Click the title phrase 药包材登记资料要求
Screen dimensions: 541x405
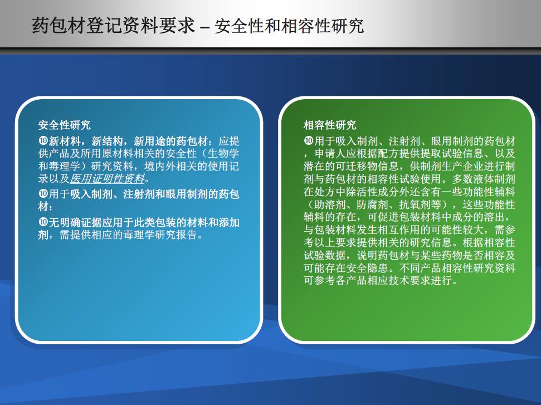[114, 26]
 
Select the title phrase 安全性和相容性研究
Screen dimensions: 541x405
[289, 26]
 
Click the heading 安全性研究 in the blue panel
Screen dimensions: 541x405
[65, 125]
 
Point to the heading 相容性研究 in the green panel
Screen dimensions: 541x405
[330, 125]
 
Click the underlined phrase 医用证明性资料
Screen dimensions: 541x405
[108, 179]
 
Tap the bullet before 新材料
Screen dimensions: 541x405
[43, 141]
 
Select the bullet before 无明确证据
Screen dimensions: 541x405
[43, 222]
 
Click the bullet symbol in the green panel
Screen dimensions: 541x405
[309, 141]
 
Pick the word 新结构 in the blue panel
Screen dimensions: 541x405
[107, 141]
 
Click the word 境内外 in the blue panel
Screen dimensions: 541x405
[160, 166]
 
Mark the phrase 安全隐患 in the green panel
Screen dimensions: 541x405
[373, 268]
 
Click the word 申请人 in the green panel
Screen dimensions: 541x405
[330, 154]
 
